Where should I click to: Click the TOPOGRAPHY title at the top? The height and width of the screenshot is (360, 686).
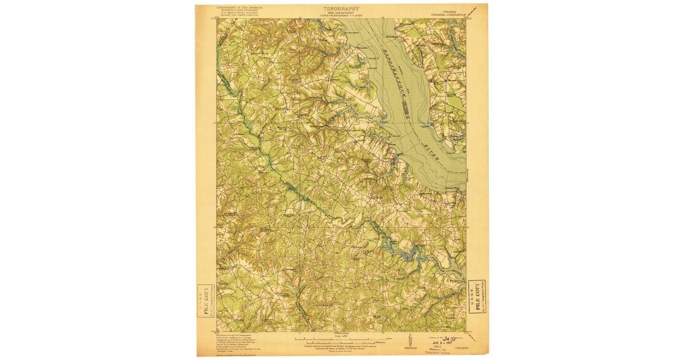[342, 9]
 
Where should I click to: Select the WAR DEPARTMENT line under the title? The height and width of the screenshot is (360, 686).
[342, 13]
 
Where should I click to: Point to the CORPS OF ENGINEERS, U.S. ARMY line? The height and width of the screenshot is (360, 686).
[342, 15]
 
